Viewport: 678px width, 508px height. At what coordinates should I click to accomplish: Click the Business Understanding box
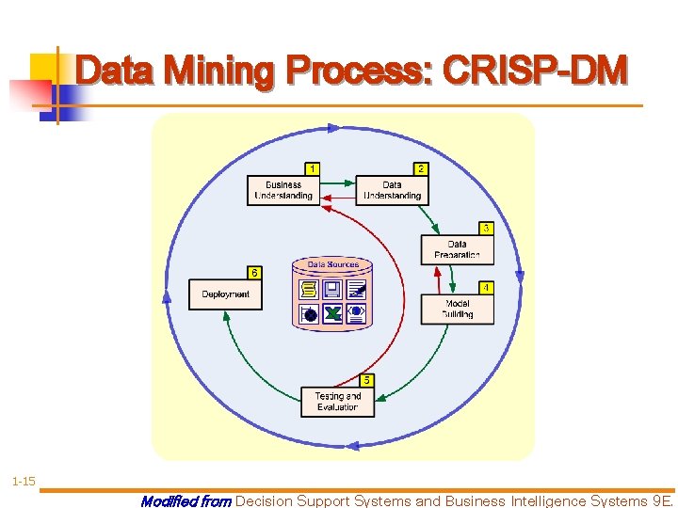[x=283, y=191]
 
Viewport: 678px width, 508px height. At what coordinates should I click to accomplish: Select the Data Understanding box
[x=392, y=191]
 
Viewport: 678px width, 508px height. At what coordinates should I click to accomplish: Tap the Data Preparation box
[x=457, y=249]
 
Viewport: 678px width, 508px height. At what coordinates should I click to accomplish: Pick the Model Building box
[x=457, y=310]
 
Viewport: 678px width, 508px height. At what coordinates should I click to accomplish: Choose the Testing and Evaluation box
[x=337, y=402]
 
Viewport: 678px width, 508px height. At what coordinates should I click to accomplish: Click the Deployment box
[x=225, y=294]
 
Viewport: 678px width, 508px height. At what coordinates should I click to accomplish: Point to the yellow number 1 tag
[x=313, y=168]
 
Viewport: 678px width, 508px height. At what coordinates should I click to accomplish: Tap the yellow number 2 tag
[x=420, y=168]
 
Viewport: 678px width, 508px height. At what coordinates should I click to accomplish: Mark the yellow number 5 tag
[x=366, y=380]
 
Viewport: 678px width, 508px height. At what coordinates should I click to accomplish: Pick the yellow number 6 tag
[x=254, y=272]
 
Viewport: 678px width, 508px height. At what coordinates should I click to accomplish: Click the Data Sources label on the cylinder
[x=332, y=264]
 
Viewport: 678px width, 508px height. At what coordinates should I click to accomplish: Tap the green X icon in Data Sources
[x=332, y=313]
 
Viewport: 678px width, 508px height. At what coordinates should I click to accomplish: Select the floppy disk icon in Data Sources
[x=332, y=289]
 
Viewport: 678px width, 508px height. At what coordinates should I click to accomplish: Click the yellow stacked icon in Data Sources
[x=309, y=289]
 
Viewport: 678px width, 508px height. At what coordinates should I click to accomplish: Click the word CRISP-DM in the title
[x=533, y=71]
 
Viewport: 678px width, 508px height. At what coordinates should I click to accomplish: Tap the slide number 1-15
[x=24, y=482]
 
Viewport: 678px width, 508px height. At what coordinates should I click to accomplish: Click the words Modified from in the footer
[x=186, y=501]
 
